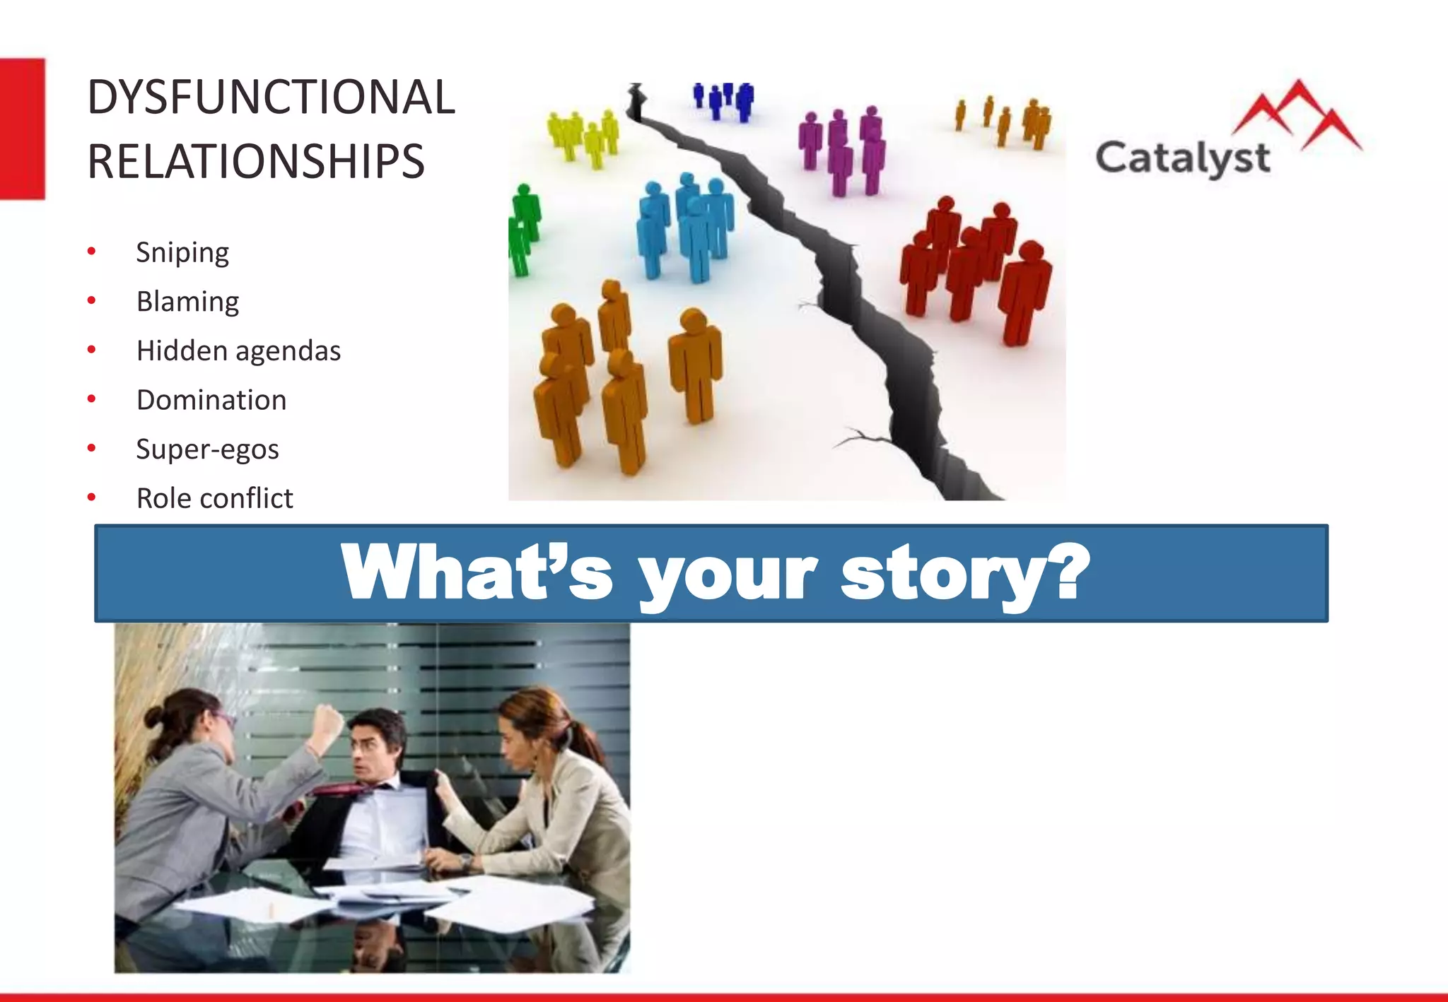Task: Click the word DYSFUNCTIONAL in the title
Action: pyautogui.click(x=271, y=98)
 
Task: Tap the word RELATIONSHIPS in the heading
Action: pyautogui.click(x=256, y=162)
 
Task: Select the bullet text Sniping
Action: pyautogui.click(x=182, y=252)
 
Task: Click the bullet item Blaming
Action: pyautogui.click(x=187, y=302)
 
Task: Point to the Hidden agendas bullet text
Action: pyautogui.click(x=238, y=351)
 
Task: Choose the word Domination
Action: pyautogui.click(x=211, y=400)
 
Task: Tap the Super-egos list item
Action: pyautogui.click(x=207, y=449)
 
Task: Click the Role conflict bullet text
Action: pyautogui.click(x=214, y=498)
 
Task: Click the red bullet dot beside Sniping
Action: pyautogui.click(x=91, y=252)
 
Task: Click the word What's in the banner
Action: pyautogui.click(x=476, y=572)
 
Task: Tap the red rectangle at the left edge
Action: pyautogui.click(x=22, y=129)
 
